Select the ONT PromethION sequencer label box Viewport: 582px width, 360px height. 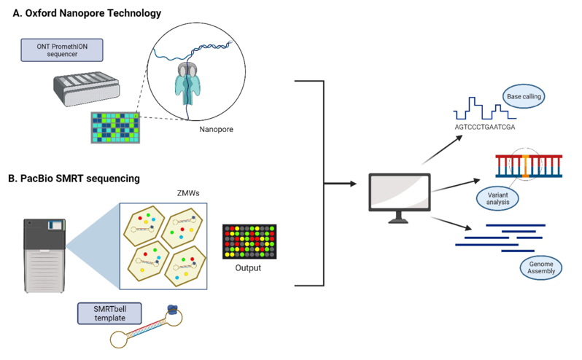coord(62,50)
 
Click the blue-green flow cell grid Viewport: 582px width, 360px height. coord(115,127)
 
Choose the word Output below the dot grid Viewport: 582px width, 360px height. coord(247,268)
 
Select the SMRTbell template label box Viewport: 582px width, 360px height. coord(109,313)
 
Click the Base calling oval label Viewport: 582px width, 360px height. coord(524,95)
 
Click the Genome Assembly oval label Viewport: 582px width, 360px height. coord(541,267)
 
